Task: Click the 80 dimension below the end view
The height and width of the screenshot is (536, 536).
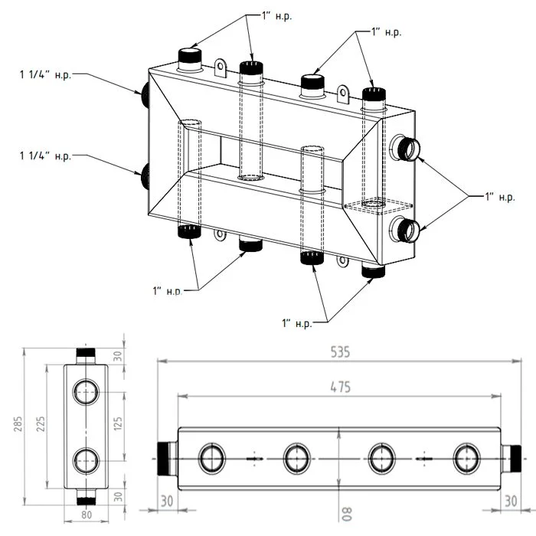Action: (86, 515)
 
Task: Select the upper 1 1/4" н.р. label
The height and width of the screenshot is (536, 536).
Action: (45, 74)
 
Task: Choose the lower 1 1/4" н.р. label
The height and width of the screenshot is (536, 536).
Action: (45, 156)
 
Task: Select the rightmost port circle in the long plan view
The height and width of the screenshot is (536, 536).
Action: (465, 459)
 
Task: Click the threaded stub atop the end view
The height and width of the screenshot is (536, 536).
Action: (86, 356)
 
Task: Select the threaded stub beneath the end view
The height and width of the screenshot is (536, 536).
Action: (86, 498)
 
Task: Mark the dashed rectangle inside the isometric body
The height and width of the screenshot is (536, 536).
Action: (374, 206)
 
